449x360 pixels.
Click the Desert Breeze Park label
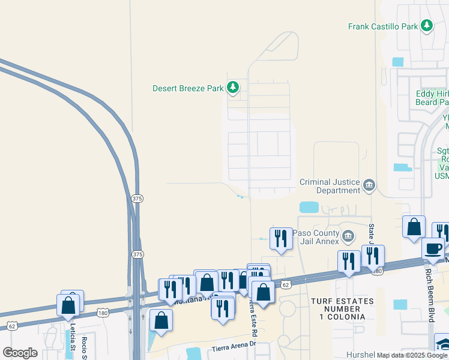tap(188, 88)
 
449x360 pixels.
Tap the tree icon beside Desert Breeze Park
tap(233, 88)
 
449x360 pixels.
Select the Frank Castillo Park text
tap(383, 26)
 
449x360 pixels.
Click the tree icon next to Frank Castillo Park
tap(427, 25)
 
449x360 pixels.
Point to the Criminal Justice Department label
tap(330, 186)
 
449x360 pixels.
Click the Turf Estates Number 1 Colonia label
tap(338, 308)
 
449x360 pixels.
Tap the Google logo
tap(20, 353)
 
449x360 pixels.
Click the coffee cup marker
tap(433, 248)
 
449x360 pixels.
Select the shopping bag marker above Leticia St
tap(68, 304)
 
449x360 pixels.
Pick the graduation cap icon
tap(443, 344)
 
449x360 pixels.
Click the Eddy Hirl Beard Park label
tap(433, 98)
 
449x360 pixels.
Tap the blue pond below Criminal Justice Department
tap(309, 207)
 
